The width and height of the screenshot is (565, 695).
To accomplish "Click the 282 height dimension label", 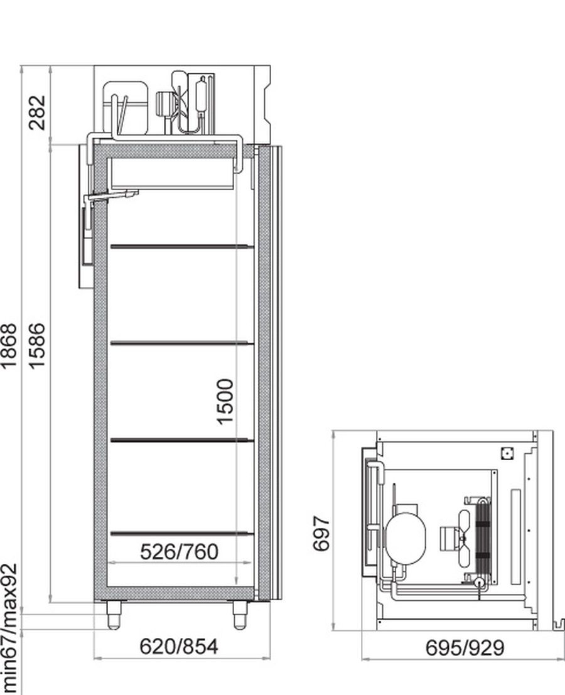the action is tap(37, 112).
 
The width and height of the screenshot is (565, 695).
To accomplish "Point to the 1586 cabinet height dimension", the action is tap(37, 346).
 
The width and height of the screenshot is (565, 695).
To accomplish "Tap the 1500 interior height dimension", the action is tap(225, 402).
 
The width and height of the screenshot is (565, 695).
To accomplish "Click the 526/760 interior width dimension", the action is tap(179, 552).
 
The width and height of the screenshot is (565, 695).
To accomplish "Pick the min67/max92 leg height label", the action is tap(9, 628).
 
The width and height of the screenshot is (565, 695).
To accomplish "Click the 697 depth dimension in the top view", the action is tap(321, 533).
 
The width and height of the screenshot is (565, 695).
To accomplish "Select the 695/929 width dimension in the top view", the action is tap(465, 647).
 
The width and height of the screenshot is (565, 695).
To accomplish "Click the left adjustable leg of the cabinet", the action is tap(114, 615).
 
